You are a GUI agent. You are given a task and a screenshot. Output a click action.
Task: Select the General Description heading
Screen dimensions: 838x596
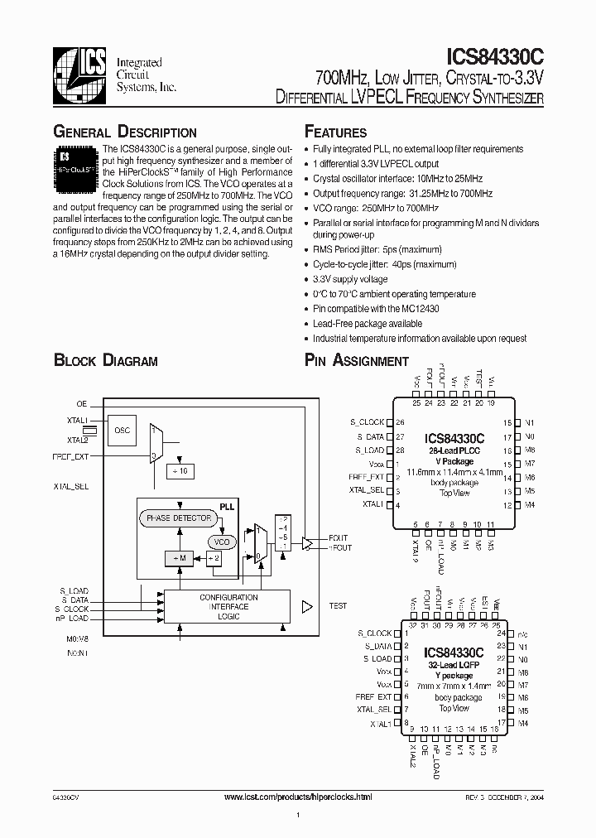coord(125,132)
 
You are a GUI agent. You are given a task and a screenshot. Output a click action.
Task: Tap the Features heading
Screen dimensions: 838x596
coord(335,132)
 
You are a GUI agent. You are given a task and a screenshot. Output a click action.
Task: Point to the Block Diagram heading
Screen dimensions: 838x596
coord(105,360)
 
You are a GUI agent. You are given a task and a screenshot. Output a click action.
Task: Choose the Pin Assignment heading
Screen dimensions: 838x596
coord(356,360)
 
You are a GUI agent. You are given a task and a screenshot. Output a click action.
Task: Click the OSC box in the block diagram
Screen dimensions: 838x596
coord(122,430)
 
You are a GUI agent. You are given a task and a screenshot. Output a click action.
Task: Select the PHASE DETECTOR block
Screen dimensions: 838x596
coord(180,518)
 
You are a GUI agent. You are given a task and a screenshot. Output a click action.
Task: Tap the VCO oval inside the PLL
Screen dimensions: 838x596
coord(221,542)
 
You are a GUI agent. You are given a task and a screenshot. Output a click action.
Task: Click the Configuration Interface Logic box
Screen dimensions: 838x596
coord(228,607)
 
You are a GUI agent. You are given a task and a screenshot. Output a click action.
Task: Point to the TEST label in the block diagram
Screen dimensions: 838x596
coord(338,606)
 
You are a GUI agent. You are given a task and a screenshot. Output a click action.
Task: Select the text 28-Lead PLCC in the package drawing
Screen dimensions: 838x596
coord(454,450)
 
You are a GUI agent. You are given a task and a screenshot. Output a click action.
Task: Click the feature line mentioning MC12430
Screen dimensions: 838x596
coord(376,308)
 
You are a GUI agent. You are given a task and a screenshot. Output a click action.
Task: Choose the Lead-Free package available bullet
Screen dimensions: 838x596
coord(368,323)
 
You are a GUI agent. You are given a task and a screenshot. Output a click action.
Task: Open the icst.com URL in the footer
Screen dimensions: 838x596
coord(298,796)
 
